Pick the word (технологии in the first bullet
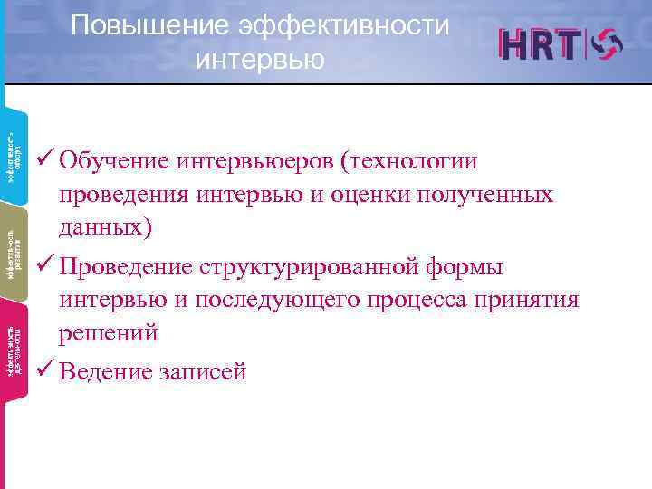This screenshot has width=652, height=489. pyautogui.click(x=421, y=161)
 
